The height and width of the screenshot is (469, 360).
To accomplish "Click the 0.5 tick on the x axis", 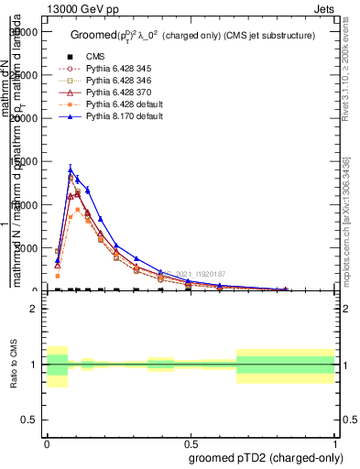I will pyautogui.click(x=191, y=442).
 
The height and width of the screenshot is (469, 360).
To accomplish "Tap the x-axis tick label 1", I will pyautogui.click(x=334, y=442).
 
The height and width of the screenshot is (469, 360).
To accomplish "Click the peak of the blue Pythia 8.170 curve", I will pyautogui.click(x=71, y=169).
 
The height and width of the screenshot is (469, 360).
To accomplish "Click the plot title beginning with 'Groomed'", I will pyautogui.click(x=192, y=35).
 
